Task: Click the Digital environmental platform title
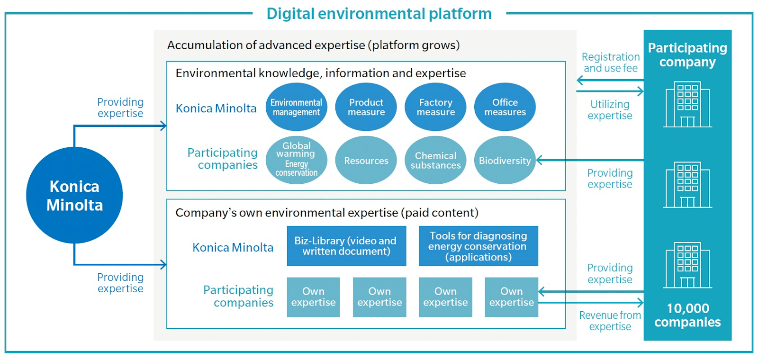[x=379, y=14]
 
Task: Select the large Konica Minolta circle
[x=74, y=195]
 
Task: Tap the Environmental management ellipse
[x=297, y=107]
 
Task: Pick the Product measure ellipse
[x=366, y=107]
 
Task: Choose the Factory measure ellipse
[x=435, y=107]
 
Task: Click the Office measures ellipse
[x=505, y=107]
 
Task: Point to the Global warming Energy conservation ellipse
[x=297, y=160]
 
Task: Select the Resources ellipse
[x=366, y=160]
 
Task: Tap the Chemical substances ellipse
[x=435, y=160]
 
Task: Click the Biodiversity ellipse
[x=505, y=160]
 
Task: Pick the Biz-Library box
[x=346, y=246]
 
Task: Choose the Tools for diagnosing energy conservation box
[x=478, y=246]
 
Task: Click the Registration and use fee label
[x=611, y=62]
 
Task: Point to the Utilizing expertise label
[x=610, y=109]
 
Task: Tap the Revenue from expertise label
[x=610, y=321]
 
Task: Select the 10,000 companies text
[x=687, y=315]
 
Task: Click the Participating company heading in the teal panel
[x=687, y=55]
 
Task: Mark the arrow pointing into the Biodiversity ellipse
[x=590, y=160]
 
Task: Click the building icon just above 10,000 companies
[x=687, y=265]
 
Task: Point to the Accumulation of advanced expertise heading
[x=313, y=45]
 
